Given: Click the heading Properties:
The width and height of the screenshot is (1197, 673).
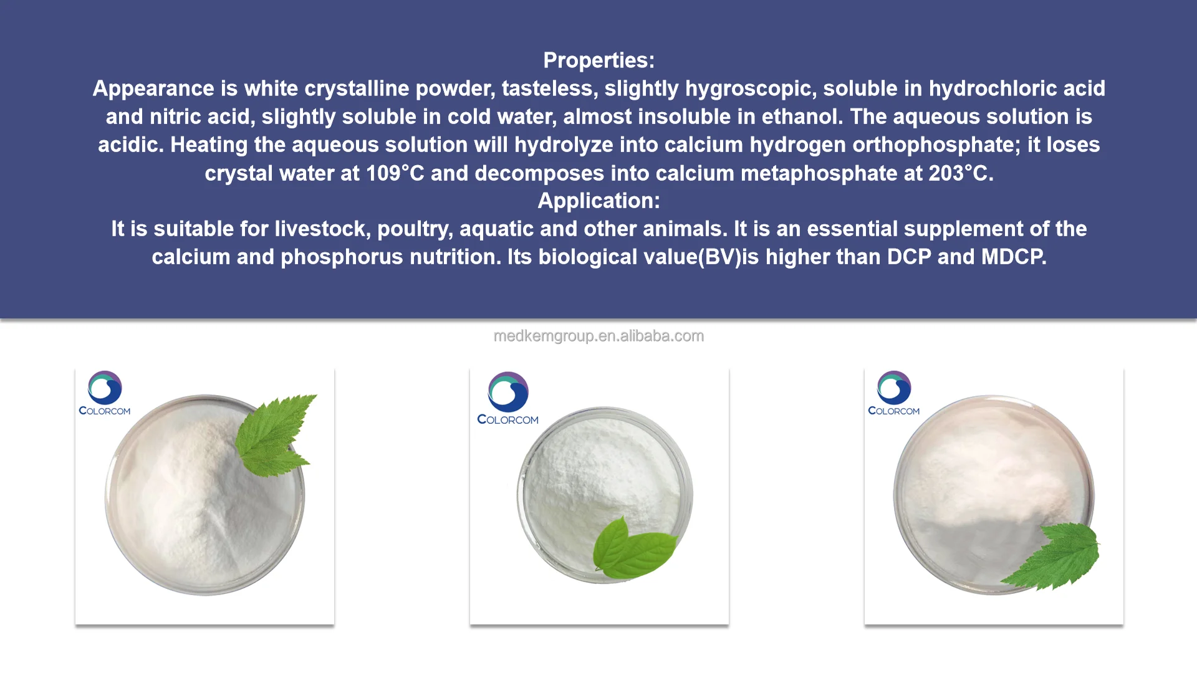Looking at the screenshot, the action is point(598,60).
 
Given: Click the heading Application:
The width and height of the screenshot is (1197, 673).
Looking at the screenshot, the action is point(598,201).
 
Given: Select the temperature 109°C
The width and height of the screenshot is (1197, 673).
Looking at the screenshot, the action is point(395,173).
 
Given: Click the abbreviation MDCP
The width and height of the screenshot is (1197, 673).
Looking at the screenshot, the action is point(1014,257).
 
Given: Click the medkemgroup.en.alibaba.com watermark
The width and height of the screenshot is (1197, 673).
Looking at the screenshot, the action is point(598,336).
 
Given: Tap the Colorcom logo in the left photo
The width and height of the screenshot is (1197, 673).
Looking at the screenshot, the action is point(105,393).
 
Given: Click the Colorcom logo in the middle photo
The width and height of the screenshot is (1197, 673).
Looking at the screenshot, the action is point(508,399).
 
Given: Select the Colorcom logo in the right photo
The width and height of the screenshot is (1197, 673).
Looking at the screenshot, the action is point(894,393).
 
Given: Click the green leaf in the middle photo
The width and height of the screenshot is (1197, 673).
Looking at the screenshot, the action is point(633,548).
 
